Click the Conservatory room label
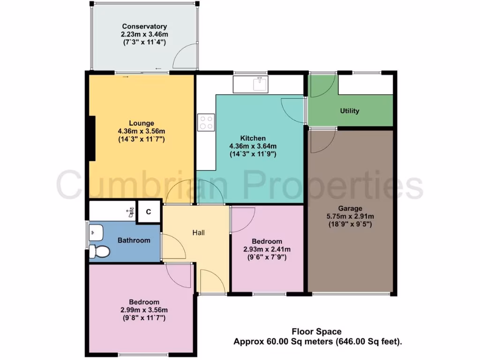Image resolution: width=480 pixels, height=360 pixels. (144, 27)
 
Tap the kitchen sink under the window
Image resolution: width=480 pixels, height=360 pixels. (260, 84)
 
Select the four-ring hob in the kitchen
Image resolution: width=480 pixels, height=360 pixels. (206, 123)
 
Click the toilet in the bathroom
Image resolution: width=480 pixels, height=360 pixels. (99, 252)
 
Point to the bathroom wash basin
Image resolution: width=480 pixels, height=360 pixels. (96, 231)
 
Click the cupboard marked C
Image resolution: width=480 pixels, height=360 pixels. (148, 212)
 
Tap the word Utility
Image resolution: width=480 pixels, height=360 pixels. (350, 111)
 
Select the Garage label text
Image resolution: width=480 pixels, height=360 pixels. (350, 209)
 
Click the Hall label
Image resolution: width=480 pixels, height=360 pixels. (198, 232)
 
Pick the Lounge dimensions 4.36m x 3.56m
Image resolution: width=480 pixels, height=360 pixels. (142, 131)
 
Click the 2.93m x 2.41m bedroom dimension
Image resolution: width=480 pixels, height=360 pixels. (267, 249)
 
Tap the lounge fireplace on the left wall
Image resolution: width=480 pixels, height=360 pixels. (92, 138)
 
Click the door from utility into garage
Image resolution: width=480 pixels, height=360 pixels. (322, 141)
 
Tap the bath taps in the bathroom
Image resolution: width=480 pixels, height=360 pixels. (131, 212)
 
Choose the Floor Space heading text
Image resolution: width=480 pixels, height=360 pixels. (317, 332)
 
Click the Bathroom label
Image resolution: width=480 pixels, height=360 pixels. (134, 240)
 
